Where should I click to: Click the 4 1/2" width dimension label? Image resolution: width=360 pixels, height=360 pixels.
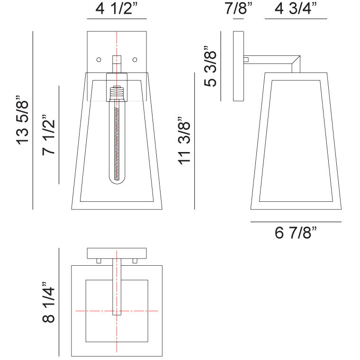click(x=117, y=9)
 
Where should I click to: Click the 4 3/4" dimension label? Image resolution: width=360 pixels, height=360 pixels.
click(x=296, y=9)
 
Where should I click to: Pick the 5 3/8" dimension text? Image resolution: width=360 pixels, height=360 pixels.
click(x=210, y=66)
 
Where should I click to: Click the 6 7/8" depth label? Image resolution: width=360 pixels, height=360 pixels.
click(x=296, y=233)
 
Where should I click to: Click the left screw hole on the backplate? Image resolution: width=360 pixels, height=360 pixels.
click(x=99, y=60)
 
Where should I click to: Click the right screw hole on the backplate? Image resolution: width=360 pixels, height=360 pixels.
click(x=135, y=60)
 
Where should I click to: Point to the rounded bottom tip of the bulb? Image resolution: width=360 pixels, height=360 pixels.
click(x=117, y=181)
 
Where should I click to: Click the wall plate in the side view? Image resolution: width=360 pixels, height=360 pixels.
click(x=238, y=66)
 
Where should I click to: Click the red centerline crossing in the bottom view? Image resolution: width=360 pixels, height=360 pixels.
click(x=117, y=311)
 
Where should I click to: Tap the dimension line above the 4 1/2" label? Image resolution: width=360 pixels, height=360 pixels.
click(x=117, y=19)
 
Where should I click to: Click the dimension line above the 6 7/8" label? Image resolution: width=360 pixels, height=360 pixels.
click(x=296, y=222)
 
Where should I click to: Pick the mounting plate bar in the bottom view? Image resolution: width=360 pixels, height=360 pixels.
click(x=117, y=253)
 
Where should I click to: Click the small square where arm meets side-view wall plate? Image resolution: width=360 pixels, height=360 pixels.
click(x=246, y=60)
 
